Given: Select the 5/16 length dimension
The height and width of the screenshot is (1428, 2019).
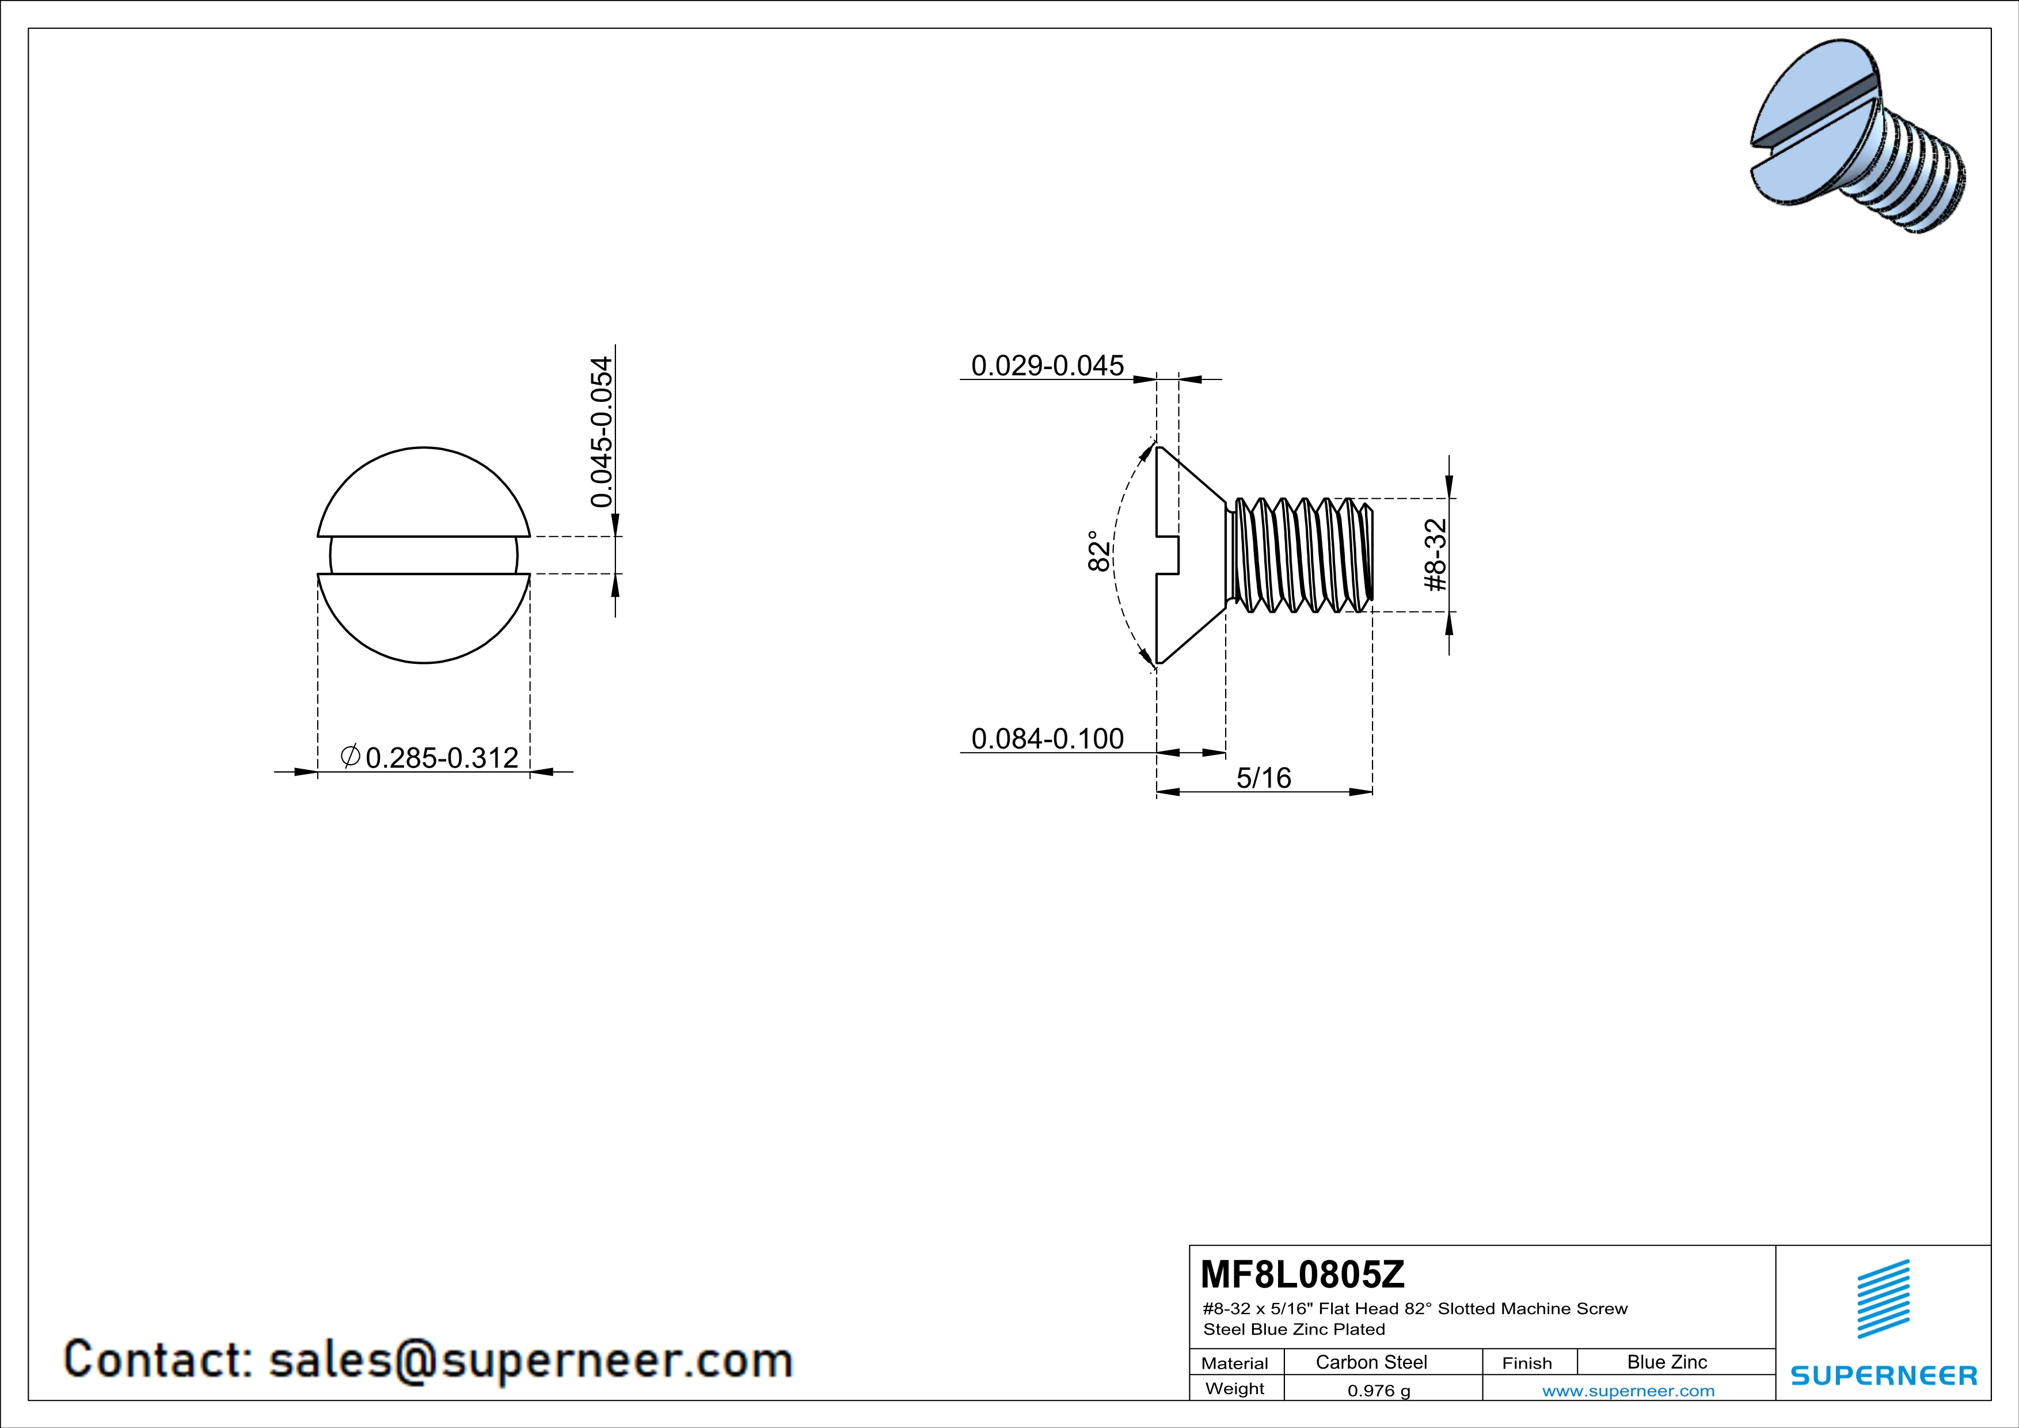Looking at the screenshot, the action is [x=1264, y=777].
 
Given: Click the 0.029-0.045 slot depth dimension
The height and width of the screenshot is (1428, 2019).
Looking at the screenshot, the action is [x=1047, y=365].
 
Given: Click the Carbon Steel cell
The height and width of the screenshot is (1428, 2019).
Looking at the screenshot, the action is [x=1371, y=1362].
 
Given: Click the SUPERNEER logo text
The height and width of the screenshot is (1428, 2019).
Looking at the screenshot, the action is [x=1884, y=1375].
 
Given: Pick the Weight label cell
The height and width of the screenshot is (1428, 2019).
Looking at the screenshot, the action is [x=1235, y=1388].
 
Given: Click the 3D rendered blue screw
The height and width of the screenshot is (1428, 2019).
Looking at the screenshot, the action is [x=1856, y=136].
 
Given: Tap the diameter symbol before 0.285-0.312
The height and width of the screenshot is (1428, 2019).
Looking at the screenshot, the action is [x=350, y=755].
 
